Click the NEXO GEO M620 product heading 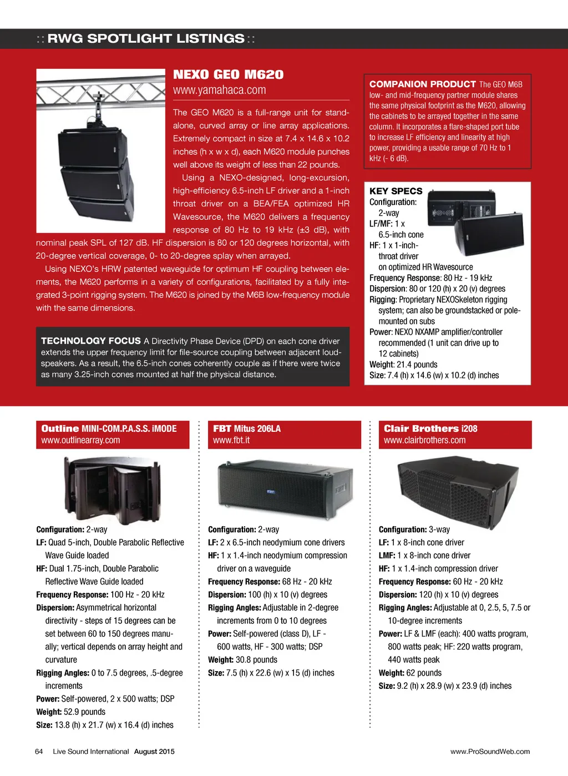(228, 74)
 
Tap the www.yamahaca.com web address (219, 90)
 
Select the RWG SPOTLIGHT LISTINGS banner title (146, 38)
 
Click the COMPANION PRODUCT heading (422, 84)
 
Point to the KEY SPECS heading (395, 191)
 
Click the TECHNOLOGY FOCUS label (90, 341)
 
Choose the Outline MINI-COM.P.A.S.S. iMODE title (109, 429)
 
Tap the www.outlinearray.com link (80, 440)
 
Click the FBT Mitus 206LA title (247, 429)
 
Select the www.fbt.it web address (231, 440)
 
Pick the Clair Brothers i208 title (430, 429)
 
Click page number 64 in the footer (39, 752)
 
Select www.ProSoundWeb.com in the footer (490, 752)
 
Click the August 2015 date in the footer (154, 752)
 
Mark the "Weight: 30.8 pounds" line (242, 659)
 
